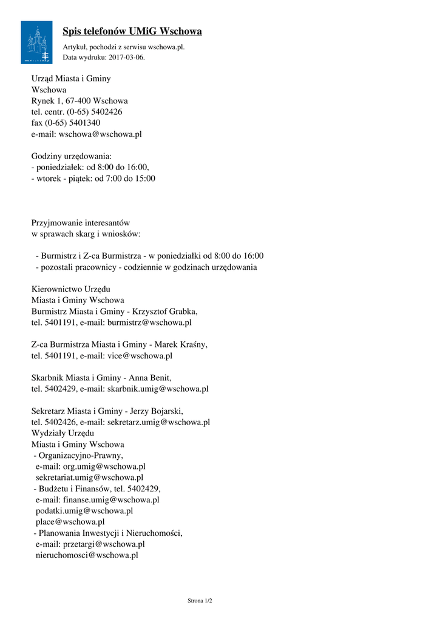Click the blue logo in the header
(36, 42)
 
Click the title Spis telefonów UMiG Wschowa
(132, 31)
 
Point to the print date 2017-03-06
(127, 58)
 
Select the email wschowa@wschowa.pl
(100, 134)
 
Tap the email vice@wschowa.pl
(140, 356)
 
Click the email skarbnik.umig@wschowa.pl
(158, 389)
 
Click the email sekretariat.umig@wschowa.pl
(89, 477)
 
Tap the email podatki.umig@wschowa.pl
(84, 511)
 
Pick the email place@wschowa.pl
(70, 522)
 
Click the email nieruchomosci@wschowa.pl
(87, 555)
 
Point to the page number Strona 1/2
(200, 601)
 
